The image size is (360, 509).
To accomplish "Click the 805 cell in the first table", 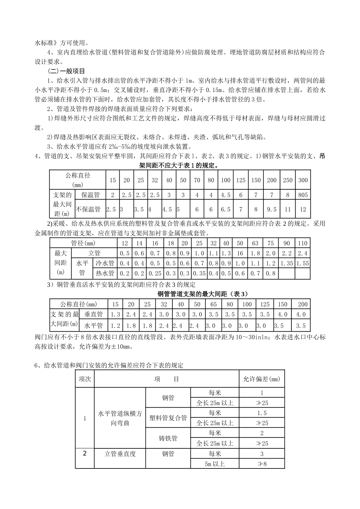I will [x=303, y=195].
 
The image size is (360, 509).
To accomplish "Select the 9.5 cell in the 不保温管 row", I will [x=272, y=209].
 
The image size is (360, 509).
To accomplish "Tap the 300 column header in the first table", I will [x=303, y=180].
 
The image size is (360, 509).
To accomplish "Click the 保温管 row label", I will [x=91, y=195].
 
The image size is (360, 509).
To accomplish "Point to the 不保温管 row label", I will [x=89, y=209].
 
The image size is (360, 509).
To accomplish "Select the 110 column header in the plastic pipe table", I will [x=303, y=243].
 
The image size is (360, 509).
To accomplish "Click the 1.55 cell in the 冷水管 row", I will [x=303, y=263].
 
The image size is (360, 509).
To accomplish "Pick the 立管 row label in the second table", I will [x=94, y=253].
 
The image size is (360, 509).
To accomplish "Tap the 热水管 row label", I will [x=105, y=273].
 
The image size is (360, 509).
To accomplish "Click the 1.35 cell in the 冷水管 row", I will [x=286, y=263].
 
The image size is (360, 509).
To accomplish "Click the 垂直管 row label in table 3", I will [x=94, y=314].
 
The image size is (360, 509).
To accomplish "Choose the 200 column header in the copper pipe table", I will [x=303, y=304].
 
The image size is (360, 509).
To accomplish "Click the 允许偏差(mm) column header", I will [x=262, y=379].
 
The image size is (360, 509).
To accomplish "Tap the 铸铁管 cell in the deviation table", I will [x=168, y=439].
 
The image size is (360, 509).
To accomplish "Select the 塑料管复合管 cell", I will [x=168, y=418].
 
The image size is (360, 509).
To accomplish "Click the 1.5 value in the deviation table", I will [x=262, y=413].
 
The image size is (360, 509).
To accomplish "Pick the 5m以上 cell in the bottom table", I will [x=214, y=464].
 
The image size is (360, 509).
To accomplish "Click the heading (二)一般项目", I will [x=66, y=71].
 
